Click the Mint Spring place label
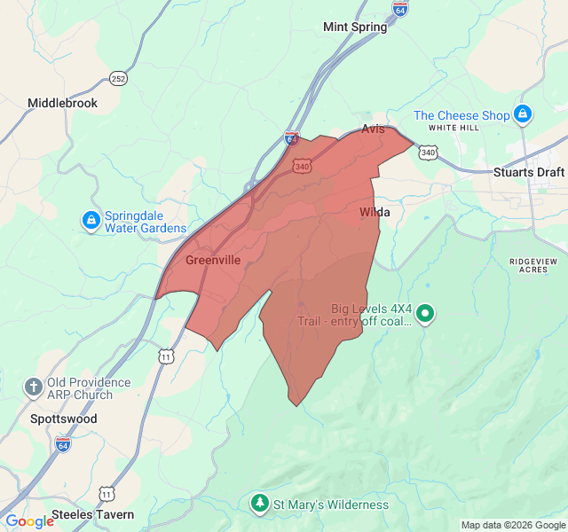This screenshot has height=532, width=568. (355, 27)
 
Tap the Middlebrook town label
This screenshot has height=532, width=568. (62, 103)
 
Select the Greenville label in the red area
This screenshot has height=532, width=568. (213, 260)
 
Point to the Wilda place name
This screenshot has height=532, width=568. (375, 213)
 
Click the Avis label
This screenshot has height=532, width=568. (374, 129)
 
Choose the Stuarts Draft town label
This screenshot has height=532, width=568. (528, 172)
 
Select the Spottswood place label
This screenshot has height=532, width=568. (64, 419)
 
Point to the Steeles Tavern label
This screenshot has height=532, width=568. (92, 514)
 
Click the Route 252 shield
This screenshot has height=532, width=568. (119, 79)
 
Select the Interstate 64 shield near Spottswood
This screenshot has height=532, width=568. (63, 442)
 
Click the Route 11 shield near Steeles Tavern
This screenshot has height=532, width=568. (106, 493)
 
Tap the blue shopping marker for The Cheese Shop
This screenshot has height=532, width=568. (524, 114)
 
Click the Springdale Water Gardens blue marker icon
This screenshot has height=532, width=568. (91, 220)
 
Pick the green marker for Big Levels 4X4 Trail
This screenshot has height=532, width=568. (425, 313)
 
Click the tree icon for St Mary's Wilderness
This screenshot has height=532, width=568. (260, 505)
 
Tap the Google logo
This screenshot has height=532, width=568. (28, 521)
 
